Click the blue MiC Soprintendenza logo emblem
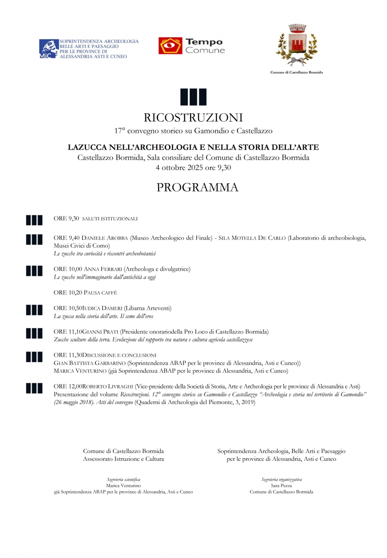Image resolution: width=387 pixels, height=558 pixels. point(49,49)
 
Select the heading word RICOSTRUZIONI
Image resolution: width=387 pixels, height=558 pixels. point(193,117)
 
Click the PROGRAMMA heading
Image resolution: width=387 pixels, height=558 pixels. point(197,188)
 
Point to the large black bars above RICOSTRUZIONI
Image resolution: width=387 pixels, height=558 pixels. point(193,97)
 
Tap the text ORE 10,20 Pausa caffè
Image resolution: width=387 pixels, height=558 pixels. point(85,293)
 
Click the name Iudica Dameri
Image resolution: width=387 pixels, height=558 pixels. point(101,308)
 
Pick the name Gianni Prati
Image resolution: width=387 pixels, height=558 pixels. point(100,332)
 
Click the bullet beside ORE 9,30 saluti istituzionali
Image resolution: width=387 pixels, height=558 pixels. point(34,220)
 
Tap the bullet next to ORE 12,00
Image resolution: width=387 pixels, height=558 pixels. point(34,388)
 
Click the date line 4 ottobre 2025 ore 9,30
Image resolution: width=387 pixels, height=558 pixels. point(193,167)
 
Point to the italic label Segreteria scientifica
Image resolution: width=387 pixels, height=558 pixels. point(123,479)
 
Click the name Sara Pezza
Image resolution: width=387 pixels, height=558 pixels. point(281,485)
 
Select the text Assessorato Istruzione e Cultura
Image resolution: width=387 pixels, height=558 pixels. point(123,459)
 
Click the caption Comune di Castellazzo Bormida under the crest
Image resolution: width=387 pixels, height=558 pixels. point(296,72)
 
